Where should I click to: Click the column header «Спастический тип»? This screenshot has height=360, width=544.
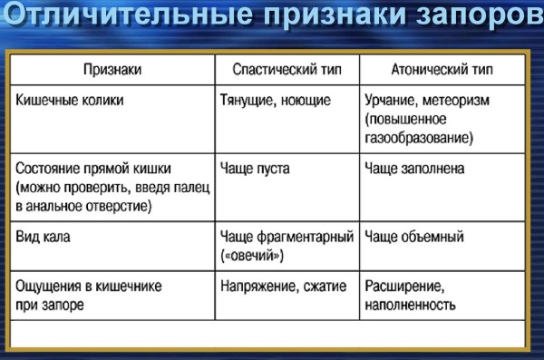coord(287,69)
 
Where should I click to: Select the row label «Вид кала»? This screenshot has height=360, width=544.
coord(44,238)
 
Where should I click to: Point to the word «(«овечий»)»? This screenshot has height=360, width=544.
coord(252,257)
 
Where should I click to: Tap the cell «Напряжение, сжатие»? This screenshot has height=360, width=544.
coord(283,287)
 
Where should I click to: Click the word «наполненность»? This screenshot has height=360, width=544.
coord(409,306)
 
